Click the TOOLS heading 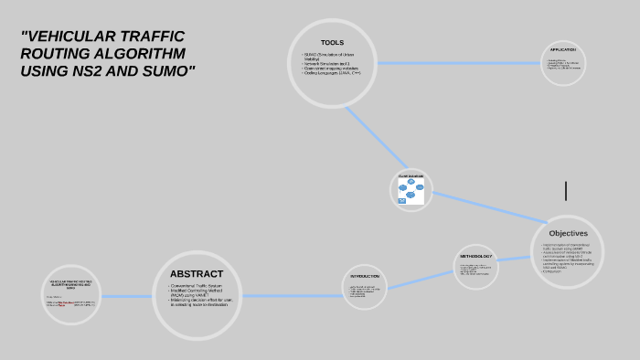click(x=332, y=43)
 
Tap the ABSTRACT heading click(x=196, y=273)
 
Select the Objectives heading click(x=568, y=233)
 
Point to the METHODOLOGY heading click(x=475, y=256)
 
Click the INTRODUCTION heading click(x=365, y=276)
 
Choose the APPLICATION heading click(x=562, y=49)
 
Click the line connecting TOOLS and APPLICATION click(x=457, y=63)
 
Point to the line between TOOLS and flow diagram click(x=376, y=136)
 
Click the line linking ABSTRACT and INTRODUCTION click(x=293, y=295)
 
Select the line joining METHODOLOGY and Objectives click(x=516, y=259)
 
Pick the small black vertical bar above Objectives click(x=566, y=191)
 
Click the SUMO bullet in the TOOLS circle click(x=325, y=56)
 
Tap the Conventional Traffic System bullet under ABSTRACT click(x=197, y=287)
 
